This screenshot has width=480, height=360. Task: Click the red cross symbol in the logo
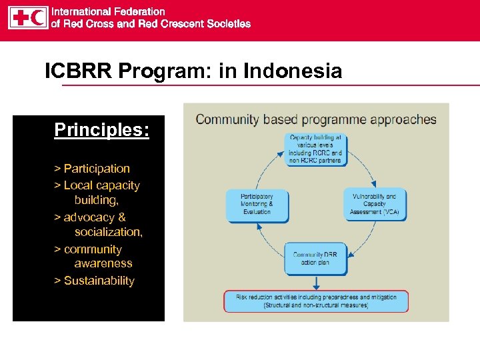point(19,17)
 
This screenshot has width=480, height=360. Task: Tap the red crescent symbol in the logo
point(37,17)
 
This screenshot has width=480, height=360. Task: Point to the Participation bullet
point(92,169)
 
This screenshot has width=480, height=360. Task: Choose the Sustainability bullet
point(94,281)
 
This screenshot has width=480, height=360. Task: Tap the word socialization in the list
point(108,232)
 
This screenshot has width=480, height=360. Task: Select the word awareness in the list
point(103,263)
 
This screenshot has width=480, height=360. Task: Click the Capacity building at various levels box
point(315,149)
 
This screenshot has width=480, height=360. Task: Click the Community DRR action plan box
point(315,258)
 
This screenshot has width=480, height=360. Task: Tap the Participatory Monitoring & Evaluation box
point(257,204)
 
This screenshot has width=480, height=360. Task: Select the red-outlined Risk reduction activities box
point(315,301)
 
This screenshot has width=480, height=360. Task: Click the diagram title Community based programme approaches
point(315,120)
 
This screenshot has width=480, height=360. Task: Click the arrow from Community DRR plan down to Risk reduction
point(315,283)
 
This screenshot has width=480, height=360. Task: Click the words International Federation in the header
point(108,11)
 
